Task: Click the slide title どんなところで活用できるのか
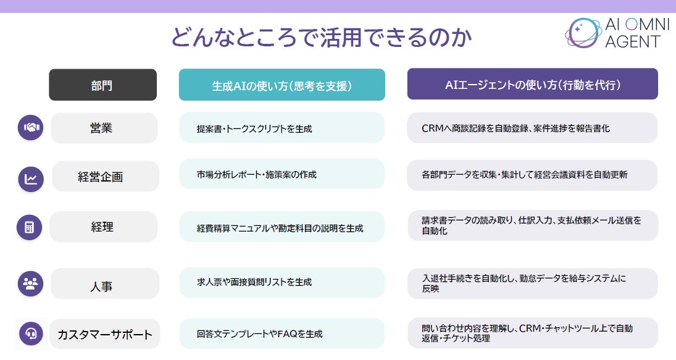click(321, 37)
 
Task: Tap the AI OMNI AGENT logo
click(613, 33)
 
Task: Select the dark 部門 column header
click(102, 85)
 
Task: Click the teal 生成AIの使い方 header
click(282, 85)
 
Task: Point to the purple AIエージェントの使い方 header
click(532, 85)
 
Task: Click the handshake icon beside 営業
click(30, 128)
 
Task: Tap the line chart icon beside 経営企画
click(30, 178)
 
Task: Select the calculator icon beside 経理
click(29, 227)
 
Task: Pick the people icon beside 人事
click(30, 283)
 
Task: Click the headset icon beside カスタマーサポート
click(30, 334)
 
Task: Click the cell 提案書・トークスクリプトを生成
click(282, 128)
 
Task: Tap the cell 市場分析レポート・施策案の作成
click(282, 174)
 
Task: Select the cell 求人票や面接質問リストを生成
click(282, 282)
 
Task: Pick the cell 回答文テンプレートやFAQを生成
click(282, 333)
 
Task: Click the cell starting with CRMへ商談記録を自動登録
click(532, 128)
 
